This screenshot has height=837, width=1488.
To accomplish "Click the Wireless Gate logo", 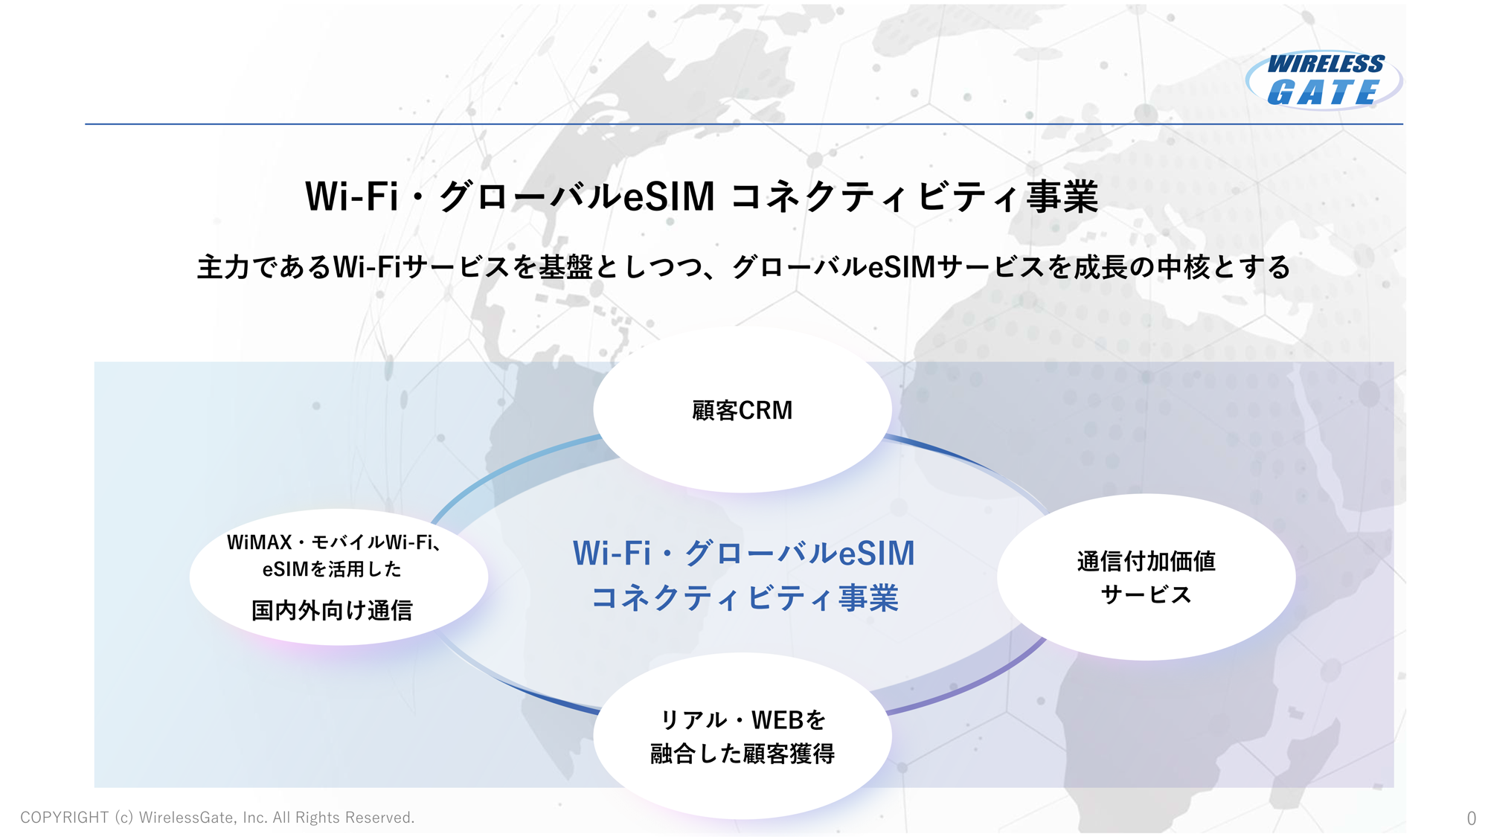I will [1324, 80].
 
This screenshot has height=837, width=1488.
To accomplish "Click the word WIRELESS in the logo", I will [1326, 64].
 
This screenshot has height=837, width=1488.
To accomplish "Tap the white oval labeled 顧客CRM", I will [742, 410].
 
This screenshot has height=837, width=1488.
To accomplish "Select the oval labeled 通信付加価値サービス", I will [1146, 577].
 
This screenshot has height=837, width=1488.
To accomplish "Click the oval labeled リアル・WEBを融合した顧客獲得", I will [742, 737].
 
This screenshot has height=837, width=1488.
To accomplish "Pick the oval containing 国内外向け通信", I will [339, 577].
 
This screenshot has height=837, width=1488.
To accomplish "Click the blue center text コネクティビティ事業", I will [745, 598].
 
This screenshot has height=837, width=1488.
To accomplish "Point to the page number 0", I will [1471, 818].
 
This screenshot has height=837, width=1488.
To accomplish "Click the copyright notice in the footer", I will [217, 818].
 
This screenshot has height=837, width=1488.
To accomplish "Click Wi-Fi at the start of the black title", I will [351, 197].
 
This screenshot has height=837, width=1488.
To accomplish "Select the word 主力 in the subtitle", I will [222, 267].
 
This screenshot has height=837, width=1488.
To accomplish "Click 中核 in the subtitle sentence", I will [1181, 267].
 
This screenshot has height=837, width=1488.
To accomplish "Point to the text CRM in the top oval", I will [766, 410].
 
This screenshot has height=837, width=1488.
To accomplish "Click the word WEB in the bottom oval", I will [777, 720].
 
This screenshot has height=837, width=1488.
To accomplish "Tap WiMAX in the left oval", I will [259, 542].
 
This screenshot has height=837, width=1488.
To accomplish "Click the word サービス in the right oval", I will [1146, 594].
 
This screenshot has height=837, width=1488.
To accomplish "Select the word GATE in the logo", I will [1323, 93].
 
